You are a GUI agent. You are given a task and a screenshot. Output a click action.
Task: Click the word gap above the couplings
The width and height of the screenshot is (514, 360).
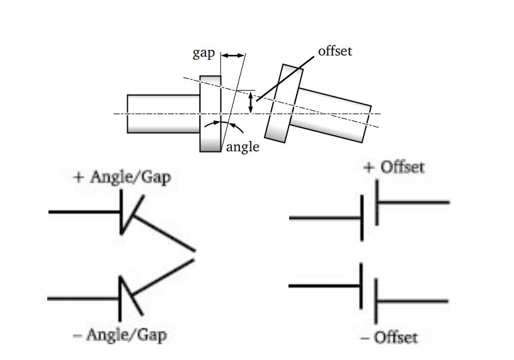(203, 54)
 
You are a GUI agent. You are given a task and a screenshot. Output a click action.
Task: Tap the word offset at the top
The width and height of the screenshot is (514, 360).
(334, 51)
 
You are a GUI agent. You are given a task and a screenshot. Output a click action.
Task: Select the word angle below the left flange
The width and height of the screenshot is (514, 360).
(243, 147)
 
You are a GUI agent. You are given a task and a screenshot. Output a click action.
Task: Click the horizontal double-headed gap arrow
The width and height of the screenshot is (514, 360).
(232, 56)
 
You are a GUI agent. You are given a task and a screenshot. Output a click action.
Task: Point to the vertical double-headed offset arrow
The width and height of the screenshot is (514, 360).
(251, 103)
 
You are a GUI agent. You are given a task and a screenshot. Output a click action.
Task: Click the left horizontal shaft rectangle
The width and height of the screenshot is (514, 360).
(163, 113)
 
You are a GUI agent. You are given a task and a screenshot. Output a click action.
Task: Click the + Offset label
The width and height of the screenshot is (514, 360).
(394, 167)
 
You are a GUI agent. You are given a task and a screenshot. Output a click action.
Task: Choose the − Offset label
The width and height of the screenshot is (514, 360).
(389, 337)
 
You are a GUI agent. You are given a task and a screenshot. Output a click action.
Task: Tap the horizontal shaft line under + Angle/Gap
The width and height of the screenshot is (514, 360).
(84, 212)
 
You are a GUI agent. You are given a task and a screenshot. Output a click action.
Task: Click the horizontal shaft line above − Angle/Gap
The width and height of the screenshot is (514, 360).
(84, 297)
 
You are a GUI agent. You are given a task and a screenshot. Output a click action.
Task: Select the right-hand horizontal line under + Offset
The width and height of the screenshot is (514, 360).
(413, 202)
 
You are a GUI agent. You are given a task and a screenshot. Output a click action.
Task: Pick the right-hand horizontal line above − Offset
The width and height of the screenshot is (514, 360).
(413, 301)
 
